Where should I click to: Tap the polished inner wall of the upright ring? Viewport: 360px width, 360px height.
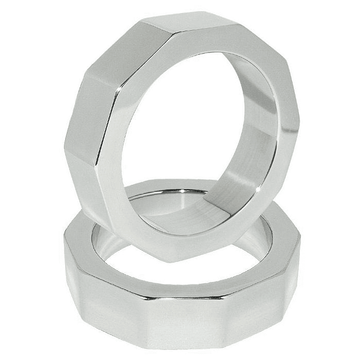[250, 150]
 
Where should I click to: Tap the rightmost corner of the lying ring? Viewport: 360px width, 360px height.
[299, 240]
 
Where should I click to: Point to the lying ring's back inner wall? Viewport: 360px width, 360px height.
[165, 200]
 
